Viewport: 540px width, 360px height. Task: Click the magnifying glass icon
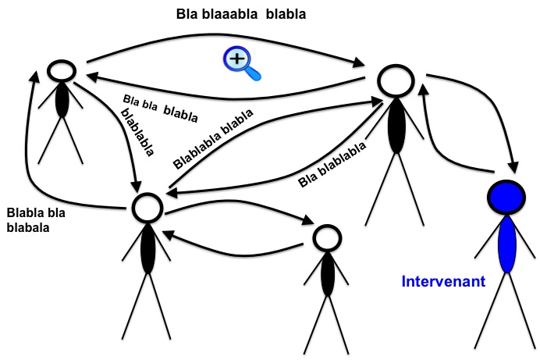240,62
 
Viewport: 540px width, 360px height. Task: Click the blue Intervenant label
442,281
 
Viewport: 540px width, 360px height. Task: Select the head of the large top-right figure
395,82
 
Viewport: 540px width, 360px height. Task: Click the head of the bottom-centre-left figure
146,206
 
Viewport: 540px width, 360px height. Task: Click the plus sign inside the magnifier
235,58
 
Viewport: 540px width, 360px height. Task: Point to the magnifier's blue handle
252,74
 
